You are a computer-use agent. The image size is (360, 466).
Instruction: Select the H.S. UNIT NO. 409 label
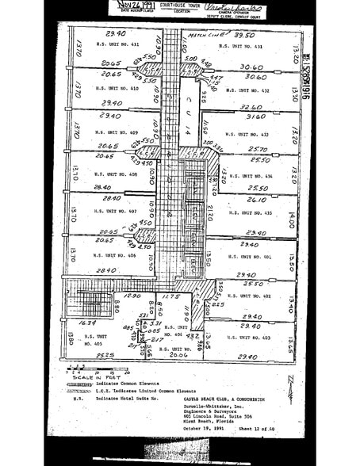(x=116, y=132)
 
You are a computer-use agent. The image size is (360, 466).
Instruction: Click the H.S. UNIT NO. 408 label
(x=116, y=174)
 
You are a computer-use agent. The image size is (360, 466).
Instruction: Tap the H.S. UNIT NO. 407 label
(x=116, y=212)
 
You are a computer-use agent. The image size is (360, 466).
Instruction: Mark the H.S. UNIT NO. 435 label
(x=255, y=212)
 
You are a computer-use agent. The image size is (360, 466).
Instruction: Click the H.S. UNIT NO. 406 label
(x=116, y=255)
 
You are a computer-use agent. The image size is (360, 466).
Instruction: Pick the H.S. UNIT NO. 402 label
(x=255, y=296)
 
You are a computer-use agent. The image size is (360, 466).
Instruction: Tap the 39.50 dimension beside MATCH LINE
(x=245, y=35)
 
